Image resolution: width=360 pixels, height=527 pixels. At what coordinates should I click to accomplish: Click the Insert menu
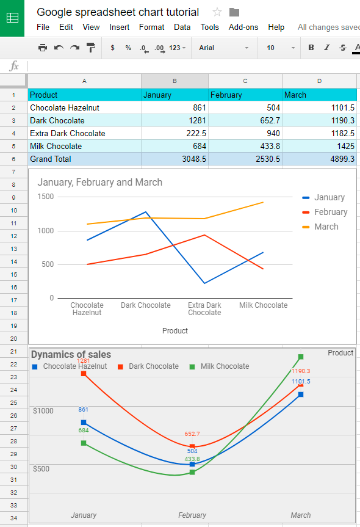click(119, 27)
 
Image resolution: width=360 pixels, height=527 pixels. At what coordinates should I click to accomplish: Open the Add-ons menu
click(243, 27)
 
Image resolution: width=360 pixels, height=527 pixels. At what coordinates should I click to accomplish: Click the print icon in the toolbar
click(42, 48)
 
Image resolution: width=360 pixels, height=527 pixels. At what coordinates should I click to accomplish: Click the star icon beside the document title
click(217, 12)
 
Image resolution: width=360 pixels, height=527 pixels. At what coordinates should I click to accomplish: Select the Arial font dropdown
click(223, 48)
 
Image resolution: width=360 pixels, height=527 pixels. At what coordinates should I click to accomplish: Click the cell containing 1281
click(175, 120)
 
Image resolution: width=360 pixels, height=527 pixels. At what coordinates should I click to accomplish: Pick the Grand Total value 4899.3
click(319, 159)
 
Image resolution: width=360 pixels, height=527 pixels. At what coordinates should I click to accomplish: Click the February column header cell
click(245, 95)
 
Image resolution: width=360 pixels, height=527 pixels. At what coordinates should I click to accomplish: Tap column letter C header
click(245, 81)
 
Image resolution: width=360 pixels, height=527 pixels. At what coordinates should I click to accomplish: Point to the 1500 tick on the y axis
click(46, 197)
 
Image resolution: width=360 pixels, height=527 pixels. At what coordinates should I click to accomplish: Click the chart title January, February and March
click(100, 182)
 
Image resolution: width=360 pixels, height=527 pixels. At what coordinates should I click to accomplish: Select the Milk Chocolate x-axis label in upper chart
click(263, 305)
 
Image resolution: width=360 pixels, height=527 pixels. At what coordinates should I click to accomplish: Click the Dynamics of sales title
click(71, 354)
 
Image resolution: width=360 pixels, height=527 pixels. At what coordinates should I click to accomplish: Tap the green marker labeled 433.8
click(192, 472)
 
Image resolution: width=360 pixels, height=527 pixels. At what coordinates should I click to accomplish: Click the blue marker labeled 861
click(84, 423)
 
